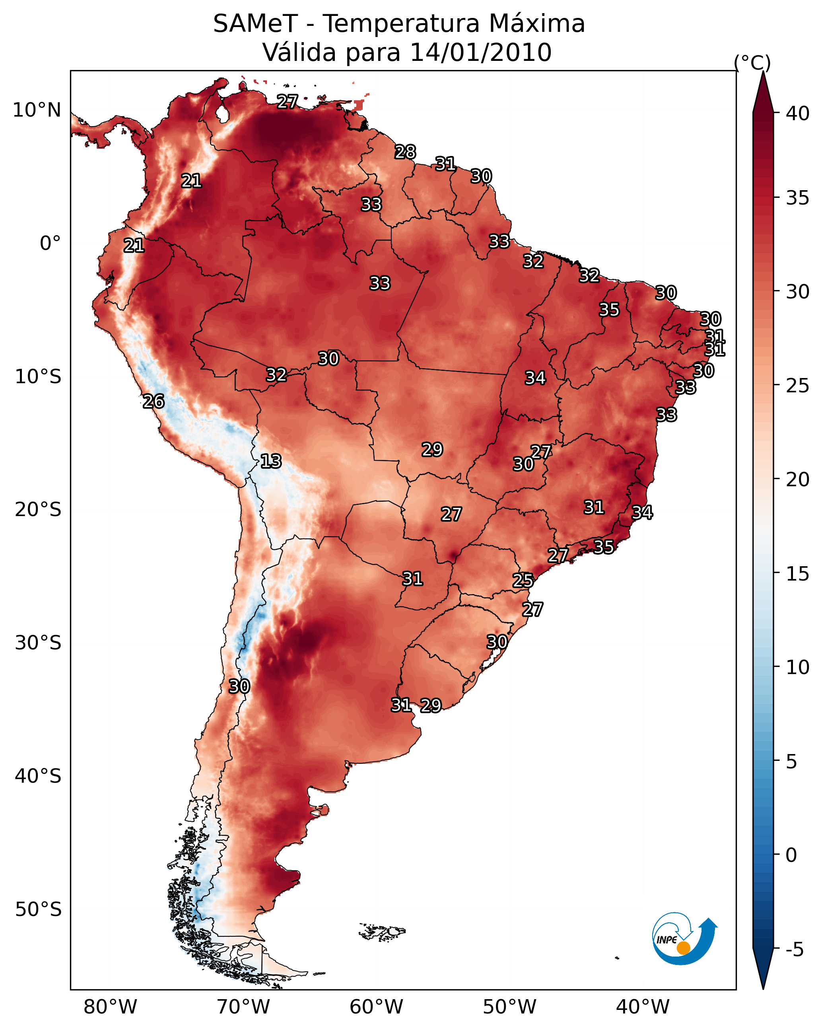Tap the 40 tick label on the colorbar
click(797, 113)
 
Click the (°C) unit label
click(752, 62)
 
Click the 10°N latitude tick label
click(37, 110)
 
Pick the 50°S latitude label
click(38, 910)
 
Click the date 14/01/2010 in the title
click(480, 53)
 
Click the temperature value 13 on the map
click(271, 461)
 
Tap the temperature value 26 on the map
click(154, 401)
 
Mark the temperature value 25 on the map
click(523, 581)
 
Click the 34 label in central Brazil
click(535, 378)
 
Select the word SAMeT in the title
click(255, 24)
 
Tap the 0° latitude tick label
click(50, 244)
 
